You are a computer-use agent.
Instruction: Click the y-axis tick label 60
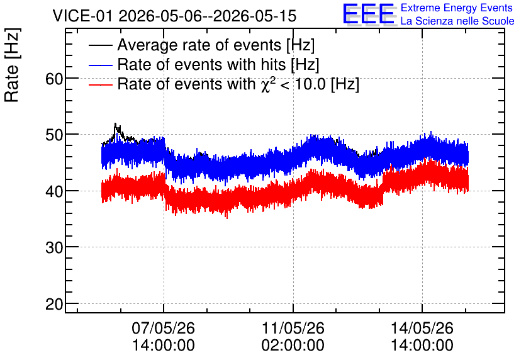[54, 79]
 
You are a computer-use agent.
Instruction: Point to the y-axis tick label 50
[54, 135]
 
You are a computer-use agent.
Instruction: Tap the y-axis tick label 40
[54, 191]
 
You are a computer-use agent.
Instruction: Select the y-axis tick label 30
[54, 247]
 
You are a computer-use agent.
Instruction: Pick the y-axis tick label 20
[54, 304]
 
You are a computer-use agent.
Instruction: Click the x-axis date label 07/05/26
[164, 328]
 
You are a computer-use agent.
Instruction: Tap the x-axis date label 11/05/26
[293, 328]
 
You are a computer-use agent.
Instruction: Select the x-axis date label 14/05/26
[422, 328]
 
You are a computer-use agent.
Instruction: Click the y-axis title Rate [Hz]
[12, 65]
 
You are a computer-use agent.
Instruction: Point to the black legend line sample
[100, 45]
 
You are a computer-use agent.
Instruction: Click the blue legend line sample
[100, 65]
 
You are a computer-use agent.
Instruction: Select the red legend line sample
[100, 84]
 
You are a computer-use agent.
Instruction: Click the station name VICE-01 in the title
[82, 16]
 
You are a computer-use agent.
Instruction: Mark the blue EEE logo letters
[369, 14]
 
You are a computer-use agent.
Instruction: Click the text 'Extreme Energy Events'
[457, 8]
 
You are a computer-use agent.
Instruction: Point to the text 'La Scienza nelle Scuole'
[457, 21]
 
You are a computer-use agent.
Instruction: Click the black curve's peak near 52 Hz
[115, 123]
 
